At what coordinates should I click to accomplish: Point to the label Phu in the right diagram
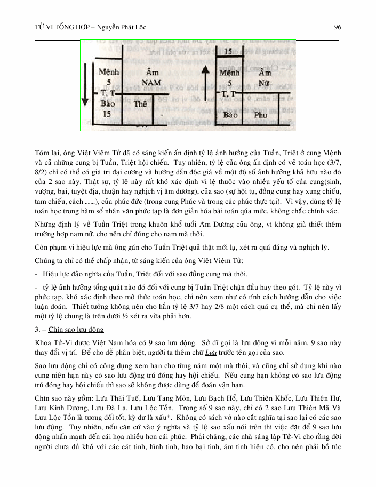[261, 115]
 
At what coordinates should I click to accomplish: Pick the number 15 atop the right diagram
[228, 52]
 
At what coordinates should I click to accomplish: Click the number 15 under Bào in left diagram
[108, 114]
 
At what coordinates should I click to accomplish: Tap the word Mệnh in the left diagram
[109, 71]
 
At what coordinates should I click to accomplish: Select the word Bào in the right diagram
[230, 115]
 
